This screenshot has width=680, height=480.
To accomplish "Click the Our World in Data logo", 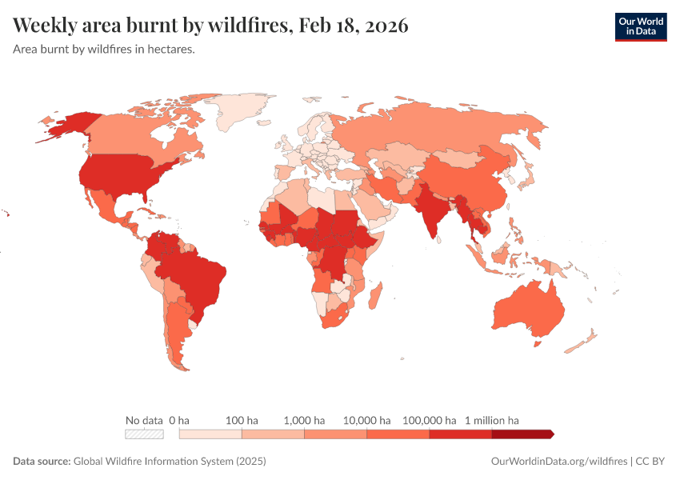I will point(640,26).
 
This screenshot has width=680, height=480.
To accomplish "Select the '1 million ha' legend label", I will point(492,420).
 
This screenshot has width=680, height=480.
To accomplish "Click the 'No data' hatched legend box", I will point(144,434).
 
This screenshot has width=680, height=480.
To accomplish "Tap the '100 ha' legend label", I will point(242,420).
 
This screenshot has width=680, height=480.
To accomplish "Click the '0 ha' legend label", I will point(179,420).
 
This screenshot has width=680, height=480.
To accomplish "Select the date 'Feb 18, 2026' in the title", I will point(353,26).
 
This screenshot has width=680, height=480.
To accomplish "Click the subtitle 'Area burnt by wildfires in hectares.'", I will point(105,49).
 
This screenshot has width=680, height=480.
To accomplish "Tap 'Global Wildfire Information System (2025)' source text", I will point(170,462).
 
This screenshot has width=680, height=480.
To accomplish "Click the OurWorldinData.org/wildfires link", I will point(558,462).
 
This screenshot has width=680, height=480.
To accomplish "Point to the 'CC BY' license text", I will point(651,462).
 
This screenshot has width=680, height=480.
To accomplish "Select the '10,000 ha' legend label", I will point(366,420).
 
